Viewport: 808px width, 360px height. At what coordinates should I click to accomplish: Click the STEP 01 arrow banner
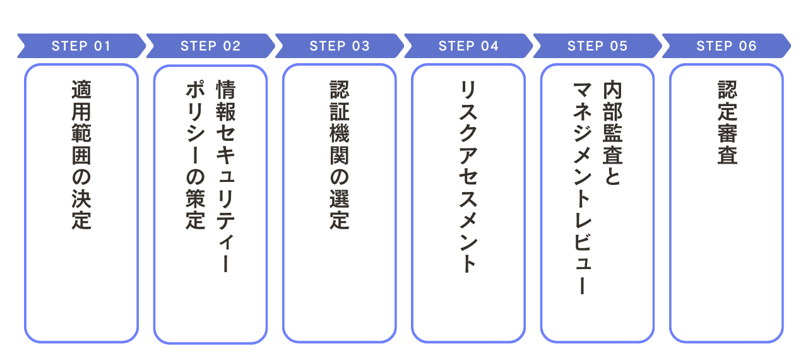pyautogui.click(x=81, y=46)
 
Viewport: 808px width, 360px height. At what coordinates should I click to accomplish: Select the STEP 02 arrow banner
pyautogui.click(x=210, y=46)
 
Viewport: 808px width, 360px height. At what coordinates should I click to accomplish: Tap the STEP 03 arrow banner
pyautogui.click(x=340, y=46)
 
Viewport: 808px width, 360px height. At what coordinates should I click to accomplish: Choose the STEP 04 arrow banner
pyautogui.click(x=468, y=46)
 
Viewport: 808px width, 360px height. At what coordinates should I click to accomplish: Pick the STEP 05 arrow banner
pyautogui.click(x=597, y=46)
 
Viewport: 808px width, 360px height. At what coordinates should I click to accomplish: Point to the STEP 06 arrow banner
pyautogui.click(x=726, y=46)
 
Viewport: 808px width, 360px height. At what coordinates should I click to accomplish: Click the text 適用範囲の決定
pyautogui.click(x=81, y=155)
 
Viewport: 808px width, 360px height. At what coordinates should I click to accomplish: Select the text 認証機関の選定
pyautogui.click(x=340, y=155)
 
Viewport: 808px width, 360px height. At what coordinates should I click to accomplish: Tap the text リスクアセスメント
pyautogui.click(x=468, y=177)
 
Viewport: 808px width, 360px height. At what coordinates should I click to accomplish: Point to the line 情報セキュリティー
pyautogui.click(x=225, y=177)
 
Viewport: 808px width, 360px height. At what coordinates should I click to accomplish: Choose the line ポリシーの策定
pyautogui.click(x=195, y=155)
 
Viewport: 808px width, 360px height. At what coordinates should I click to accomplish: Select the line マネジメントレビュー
pyautogui.click(x=582, y=188)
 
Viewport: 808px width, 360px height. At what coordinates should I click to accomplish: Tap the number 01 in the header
pyautogui.click(x=102, y=46)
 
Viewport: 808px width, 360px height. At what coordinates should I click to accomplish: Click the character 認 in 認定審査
pyautogui.click(x=727, y=91)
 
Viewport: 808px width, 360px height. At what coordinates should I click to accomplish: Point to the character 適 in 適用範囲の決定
pyautogui.click(x=81, y=91)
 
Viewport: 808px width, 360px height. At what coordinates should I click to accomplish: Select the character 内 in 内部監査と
pyautogui.click(x=612, y=91)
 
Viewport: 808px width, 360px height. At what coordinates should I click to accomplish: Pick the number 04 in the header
pyautogui.click(x=490, y=46)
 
